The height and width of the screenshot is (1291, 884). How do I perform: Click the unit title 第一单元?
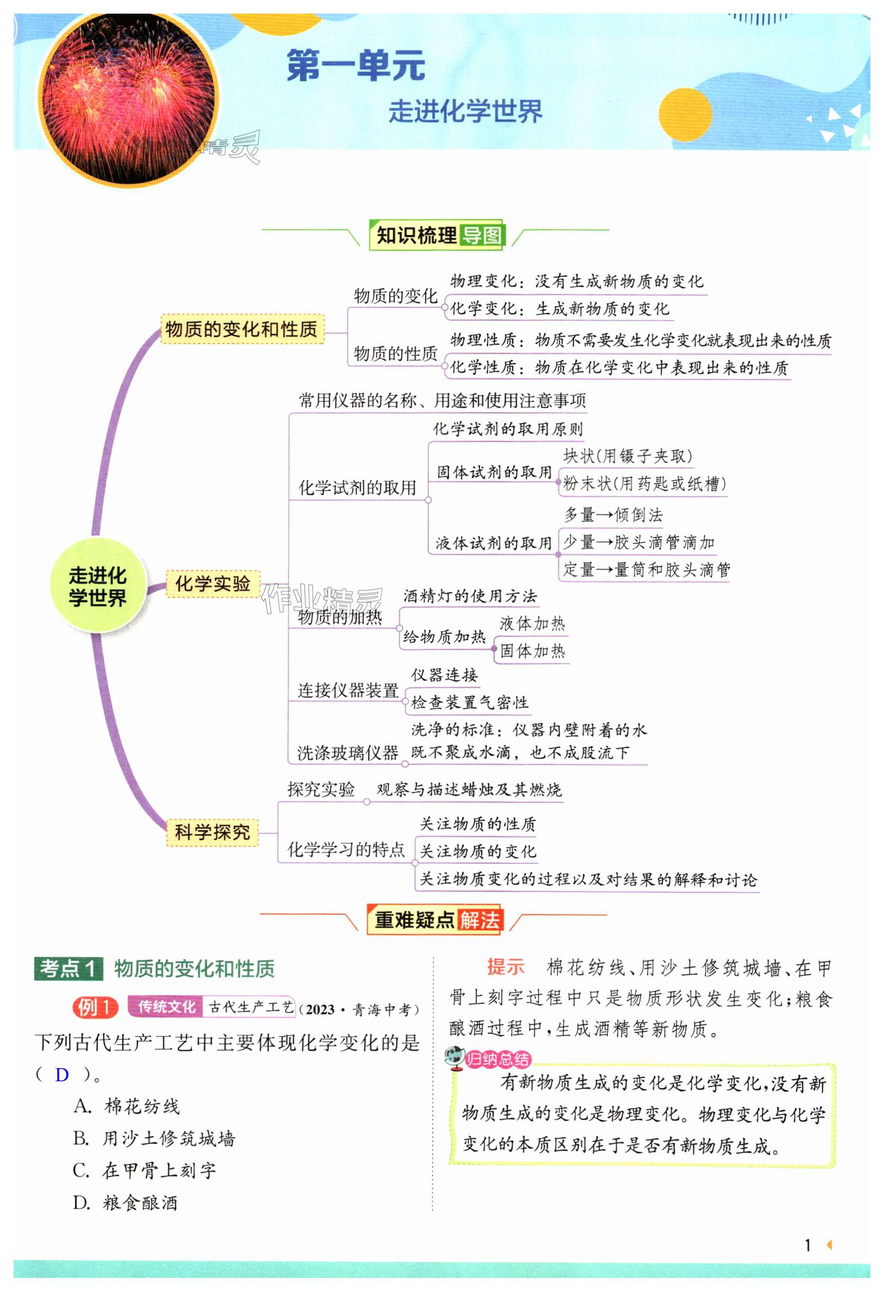pyautogui.click(x=356, y=66)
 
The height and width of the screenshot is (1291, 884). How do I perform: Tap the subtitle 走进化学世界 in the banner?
pyautogui.click(x=465, y=111)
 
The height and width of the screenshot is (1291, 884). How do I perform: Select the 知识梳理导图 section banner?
pyautogui.click(x=437, y=235)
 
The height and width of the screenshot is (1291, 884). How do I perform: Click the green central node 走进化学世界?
pyautogui.click(x=98, y=586)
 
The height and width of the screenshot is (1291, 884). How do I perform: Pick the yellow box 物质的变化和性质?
pyautogui.click(x=241, y=329)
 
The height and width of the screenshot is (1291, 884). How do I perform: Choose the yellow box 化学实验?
pyautogui.click(x=212, y=583)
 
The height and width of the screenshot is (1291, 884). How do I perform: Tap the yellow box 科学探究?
pyautogui.click(x=212, y=832)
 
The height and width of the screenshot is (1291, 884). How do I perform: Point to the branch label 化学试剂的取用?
pyautogui.click(x=357, y=488)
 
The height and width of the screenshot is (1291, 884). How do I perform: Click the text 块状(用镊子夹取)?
pyautogui.click(x=627, y=456)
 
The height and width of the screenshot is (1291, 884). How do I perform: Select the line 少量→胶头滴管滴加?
pyautogui.click(x=638, y=542)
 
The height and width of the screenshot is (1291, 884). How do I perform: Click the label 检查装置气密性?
pyautogui.click(x=470, y=703)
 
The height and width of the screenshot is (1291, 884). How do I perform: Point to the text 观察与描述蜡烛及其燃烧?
pyautogui.click(x=469, y=789)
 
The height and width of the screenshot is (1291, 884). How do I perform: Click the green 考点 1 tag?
pyautogui.click(x=68, y=969)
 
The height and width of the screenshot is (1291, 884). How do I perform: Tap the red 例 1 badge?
pyautogui.click(x=95, y=1007)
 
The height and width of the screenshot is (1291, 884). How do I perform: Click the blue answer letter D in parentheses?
pyautogui.click(x=62, y=1075)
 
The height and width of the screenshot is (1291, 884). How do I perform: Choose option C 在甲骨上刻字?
pyautogui.click(x=145, y=1170)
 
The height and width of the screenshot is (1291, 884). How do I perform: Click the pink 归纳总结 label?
pyautogui.click(x=497, y=1059)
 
